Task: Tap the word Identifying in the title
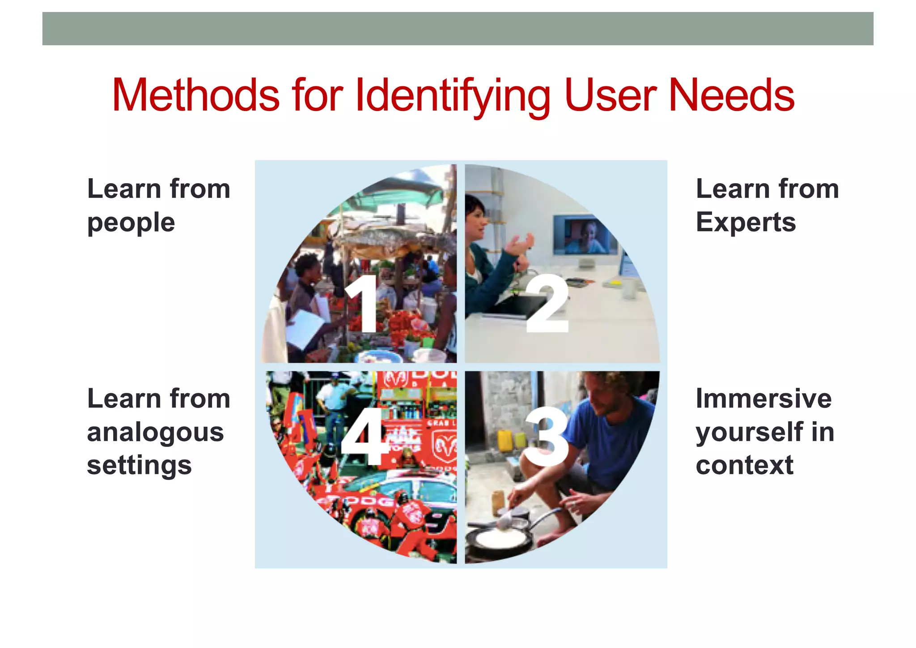point(453,96)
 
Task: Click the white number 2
point(547,305)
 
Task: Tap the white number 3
point(547,437)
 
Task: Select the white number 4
point(363,437)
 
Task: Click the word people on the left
point(131,223)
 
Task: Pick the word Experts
point(746,222)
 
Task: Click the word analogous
point(155,433)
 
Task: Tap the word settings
point(139,466)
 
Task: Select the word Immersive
point(763,399)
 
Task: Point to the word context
point(744,465)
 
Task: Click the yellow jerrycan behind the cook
point(504,441)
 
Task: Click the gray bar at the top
point(458,29)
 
